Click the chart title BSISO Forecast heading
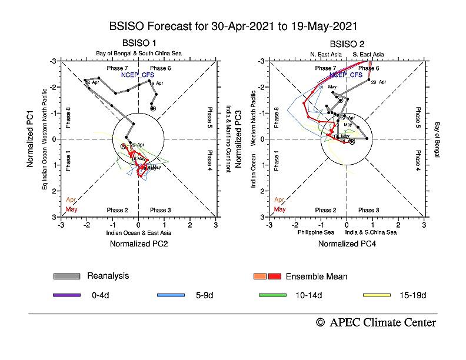point(233,27)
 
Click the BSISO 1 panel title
point(139,44)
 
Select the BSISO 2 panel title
point(347,44)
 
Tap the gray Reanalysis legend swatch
point(67,276)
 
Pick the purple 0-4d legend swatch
point(67,295)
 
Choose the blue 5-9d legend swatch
point(171,295)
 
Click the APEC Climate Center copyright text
point(376,322)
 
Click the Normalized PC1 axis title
point(30,139)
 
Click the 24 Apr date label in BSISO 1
point(93,83)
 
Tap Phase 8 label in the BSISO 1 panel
point(68,118)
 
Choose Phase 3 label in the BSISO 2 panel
point(369,210)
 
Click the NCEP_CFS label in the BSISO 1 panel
point(138,75)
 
